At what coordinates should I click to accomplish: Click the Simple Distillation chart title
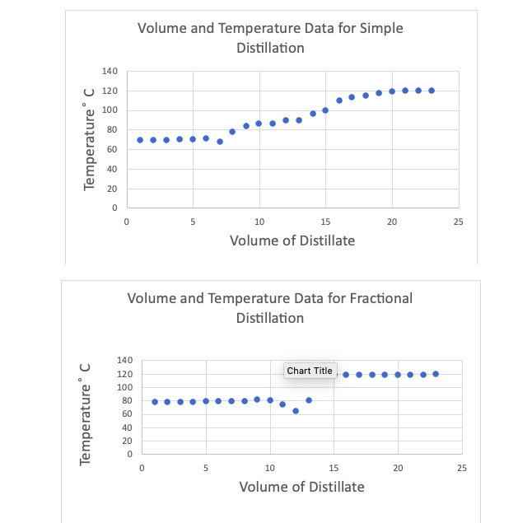point(270,38)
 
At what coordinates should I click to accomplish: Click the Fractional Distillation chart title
point(270,307)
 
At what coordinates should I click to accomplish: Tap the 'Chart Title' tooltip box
point(310,371)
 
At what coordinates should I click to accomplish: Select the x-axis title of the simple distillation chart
point(292,240)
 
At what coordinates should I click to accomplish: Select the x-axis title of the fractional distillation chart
point(301,487)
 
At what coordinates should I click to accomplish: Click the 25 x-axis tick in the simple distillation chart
point(458,222)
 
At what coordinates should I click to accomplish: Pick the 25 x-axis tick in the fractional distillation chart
point(462,468)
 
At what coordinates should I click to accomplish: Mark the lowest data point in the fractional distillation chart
point(296,411)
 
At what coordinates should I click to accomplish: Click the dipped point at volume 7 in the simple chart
point(220,142)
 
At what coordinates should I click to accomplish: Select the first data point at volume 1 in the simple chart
point(140,140)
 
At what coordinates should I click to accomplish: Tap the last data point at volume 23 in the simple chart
point(432,91)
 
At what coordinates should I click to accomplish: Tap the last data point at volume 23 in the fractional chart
point(436,374)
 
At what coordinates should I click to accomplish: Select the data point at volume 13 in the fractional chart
point(309,400)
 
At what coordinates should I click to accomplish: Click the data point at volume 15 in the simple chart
point(325,110)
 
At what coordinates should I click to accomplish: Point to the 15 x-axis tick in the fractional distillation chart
point(334,468)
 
